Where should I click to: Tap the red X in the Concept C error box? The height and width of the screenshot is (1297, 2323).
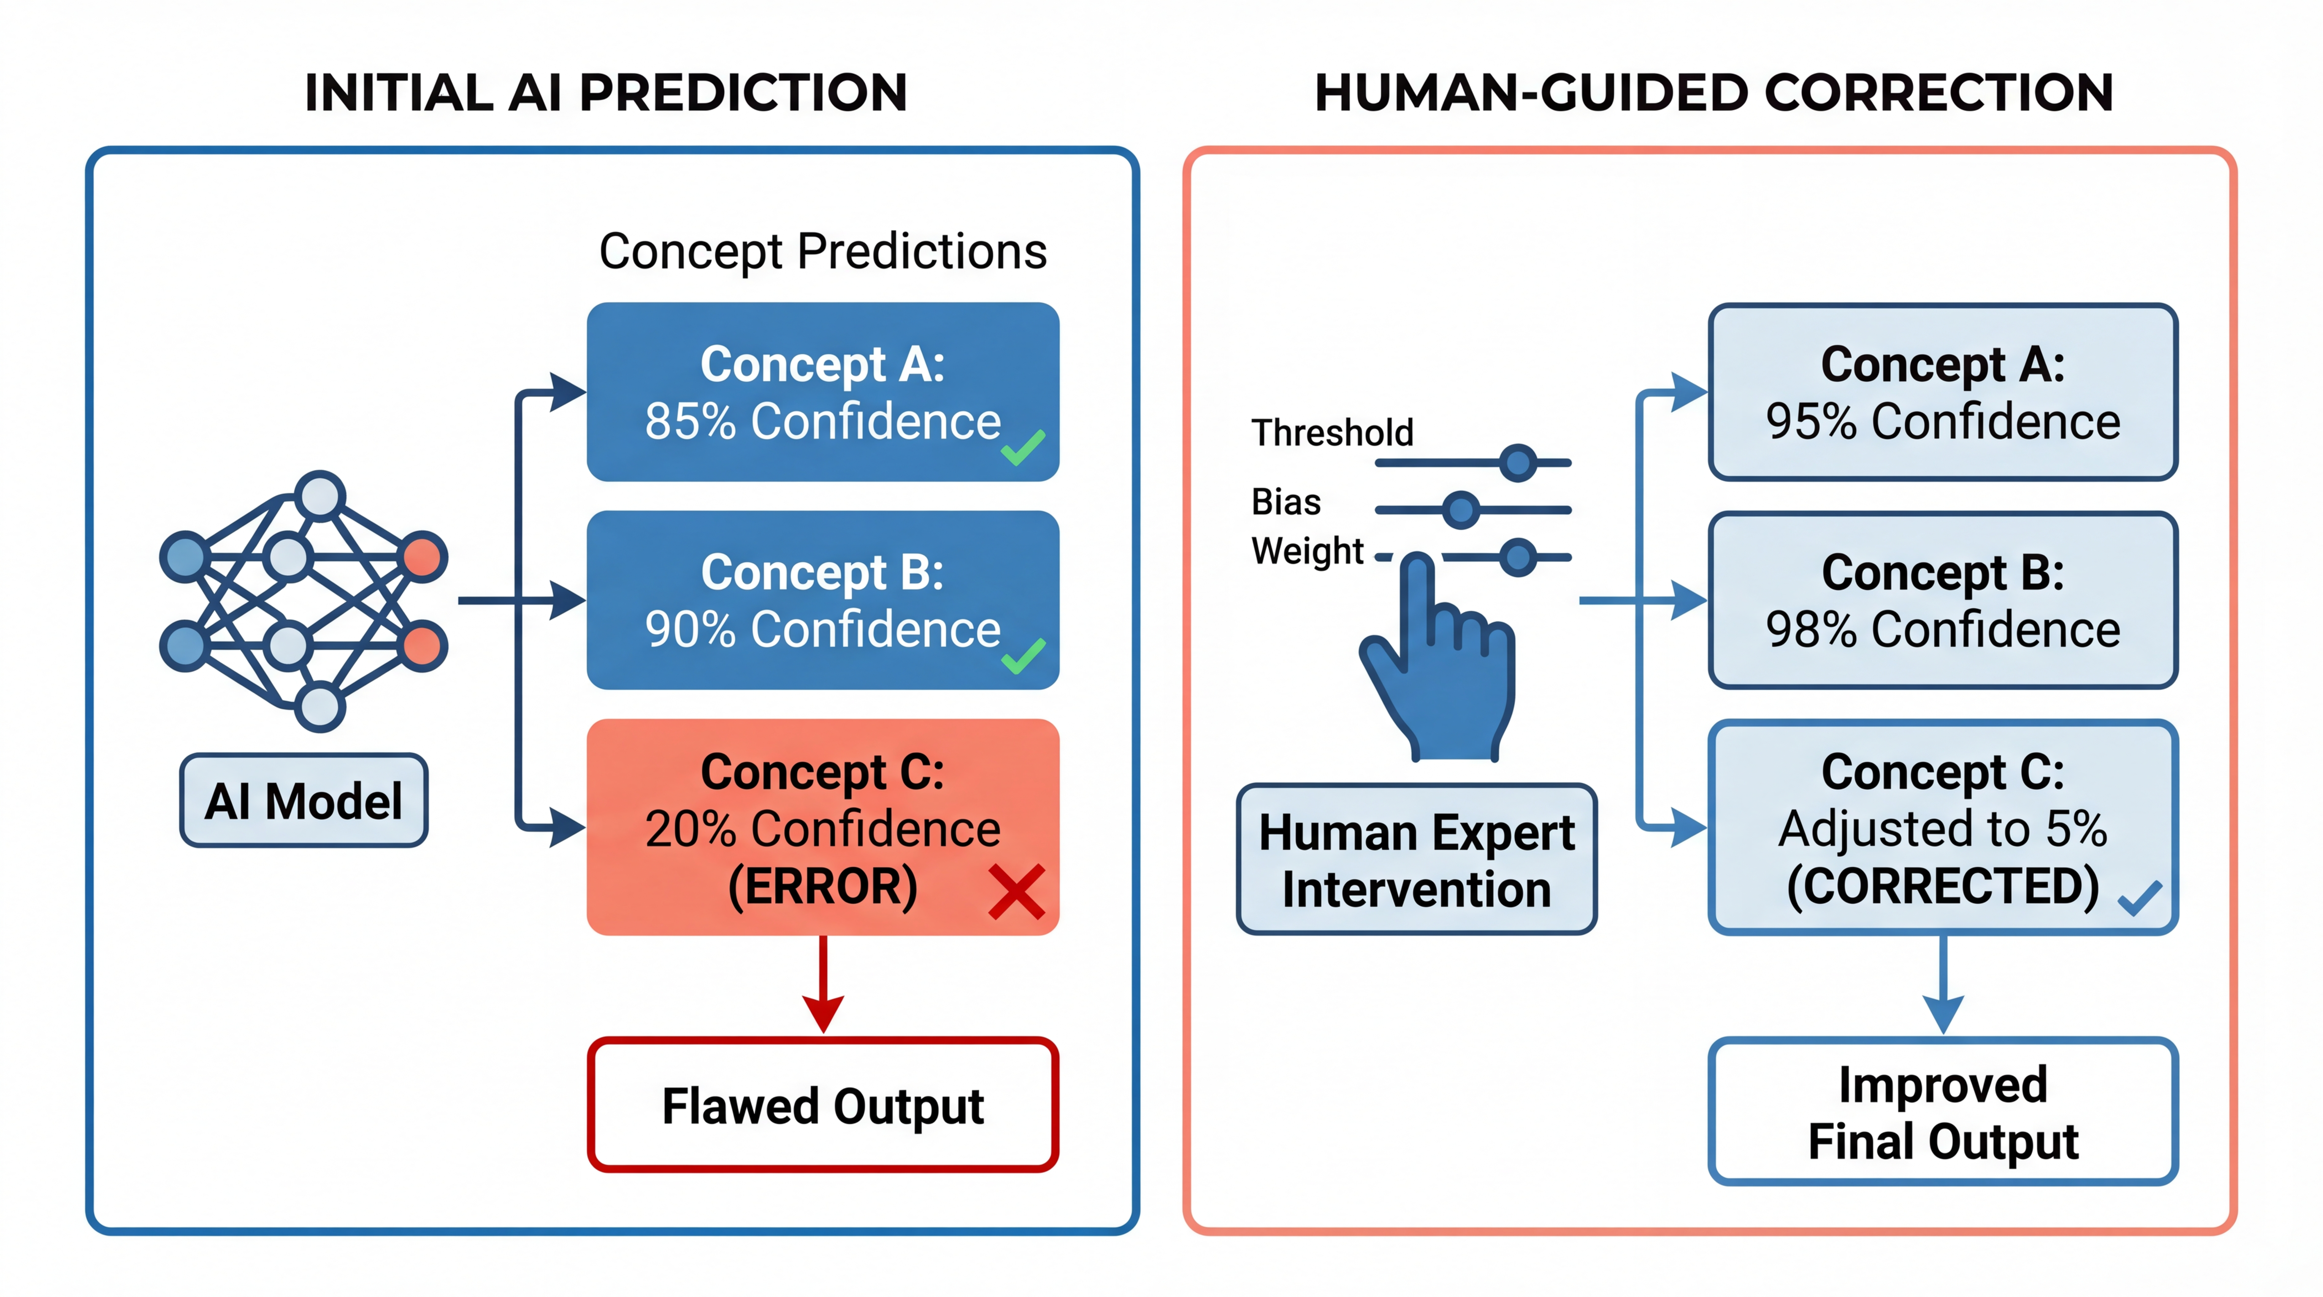1016,891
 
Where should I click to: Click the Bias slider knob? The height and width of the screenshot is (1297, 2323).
1461,510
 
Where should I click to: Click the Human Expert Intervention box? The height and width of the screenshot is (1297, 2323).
1416,860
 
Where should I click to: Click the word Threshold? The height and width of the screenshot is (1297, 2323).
1332,433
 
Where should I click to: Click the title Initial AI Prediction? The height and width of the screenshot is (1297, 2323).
606,93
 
